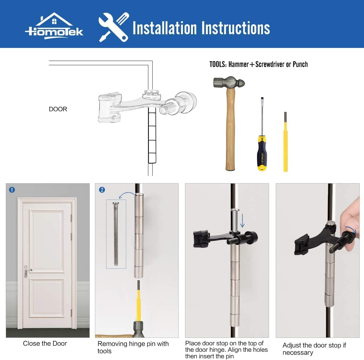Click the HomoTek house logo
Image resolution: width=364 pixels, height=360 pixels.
(54, 26)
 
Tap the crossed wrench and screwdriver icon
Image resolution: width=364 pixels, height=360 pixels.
(114, 27)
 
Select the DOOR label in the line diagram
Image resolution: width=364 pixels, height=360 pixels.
(58, 109)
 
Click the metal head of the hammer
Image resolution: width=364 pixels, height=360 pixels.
(228, 82)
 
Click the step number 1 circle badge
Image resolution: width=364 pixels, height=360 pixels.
(12, 190)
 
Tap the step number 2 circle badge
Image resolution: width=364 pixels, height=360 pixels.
(102, 190)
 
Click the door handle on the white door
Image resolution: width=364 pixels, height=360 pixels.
(28, 270)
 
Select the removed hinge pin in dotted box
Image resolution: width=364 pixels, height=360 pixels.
(116, 234)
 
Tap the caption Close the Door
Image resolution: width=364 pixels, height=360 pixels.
(45, 344)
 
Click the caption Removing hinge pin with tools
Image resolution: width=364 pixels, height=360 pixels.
(133, 347)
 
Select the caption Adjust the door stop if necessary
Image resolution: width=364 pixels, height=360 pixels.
(314, 349)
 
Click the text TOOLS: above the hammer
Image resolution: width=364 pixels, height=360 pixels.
(218, 64)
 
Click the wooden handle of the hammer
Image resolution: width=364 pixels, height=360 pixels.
(230, 130)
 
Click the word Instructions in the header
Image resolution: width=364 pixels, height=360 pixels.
(235, 28)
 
